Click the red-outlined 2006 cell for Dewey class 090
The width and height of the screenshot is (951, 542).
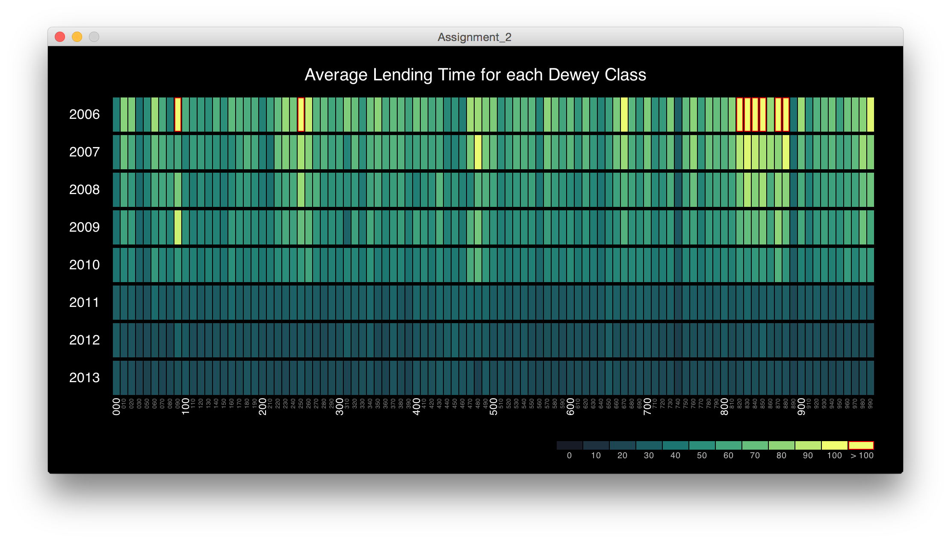[178, 115]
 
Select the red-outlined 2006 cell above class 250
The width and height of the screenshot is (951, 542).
[301, 115]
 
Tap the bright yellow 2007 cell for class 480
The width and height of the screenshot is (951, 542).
[478, 152]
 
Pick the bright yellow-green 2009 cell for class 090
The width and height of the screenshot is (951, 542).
[178, 227]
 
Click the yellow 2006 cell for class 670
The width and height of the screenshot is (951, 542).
[624, 115]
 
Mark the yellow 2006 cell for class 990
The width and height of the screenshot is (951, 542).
[870, 115]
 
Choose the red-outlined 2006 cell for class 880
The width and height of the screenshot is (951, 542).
[786, 115]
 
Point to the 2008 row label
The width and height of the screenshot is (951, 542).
[84, 190]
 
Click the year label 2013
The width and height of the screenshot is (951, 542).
[84, 378]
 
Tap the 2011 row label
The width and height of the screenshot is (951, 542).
[84, 303]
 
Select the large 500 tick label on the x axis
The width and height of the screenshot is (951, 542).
[493, 406]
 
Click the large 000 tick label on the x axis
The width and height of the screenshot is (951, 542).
[116, 406]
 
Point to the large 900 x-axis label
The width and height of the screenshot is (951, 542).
[801, 406]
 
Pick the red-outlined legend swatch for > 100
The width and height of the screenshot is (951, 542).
[861, 445]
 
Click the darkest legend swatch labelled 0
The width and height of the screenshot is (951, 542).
[570, 445]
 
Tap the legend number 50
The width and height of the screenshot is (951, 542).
[702, 456]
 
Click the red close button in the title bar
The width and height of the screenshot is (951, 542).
[60, 37]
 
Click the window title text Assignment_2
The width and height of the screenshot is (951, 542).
[475, 37]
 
